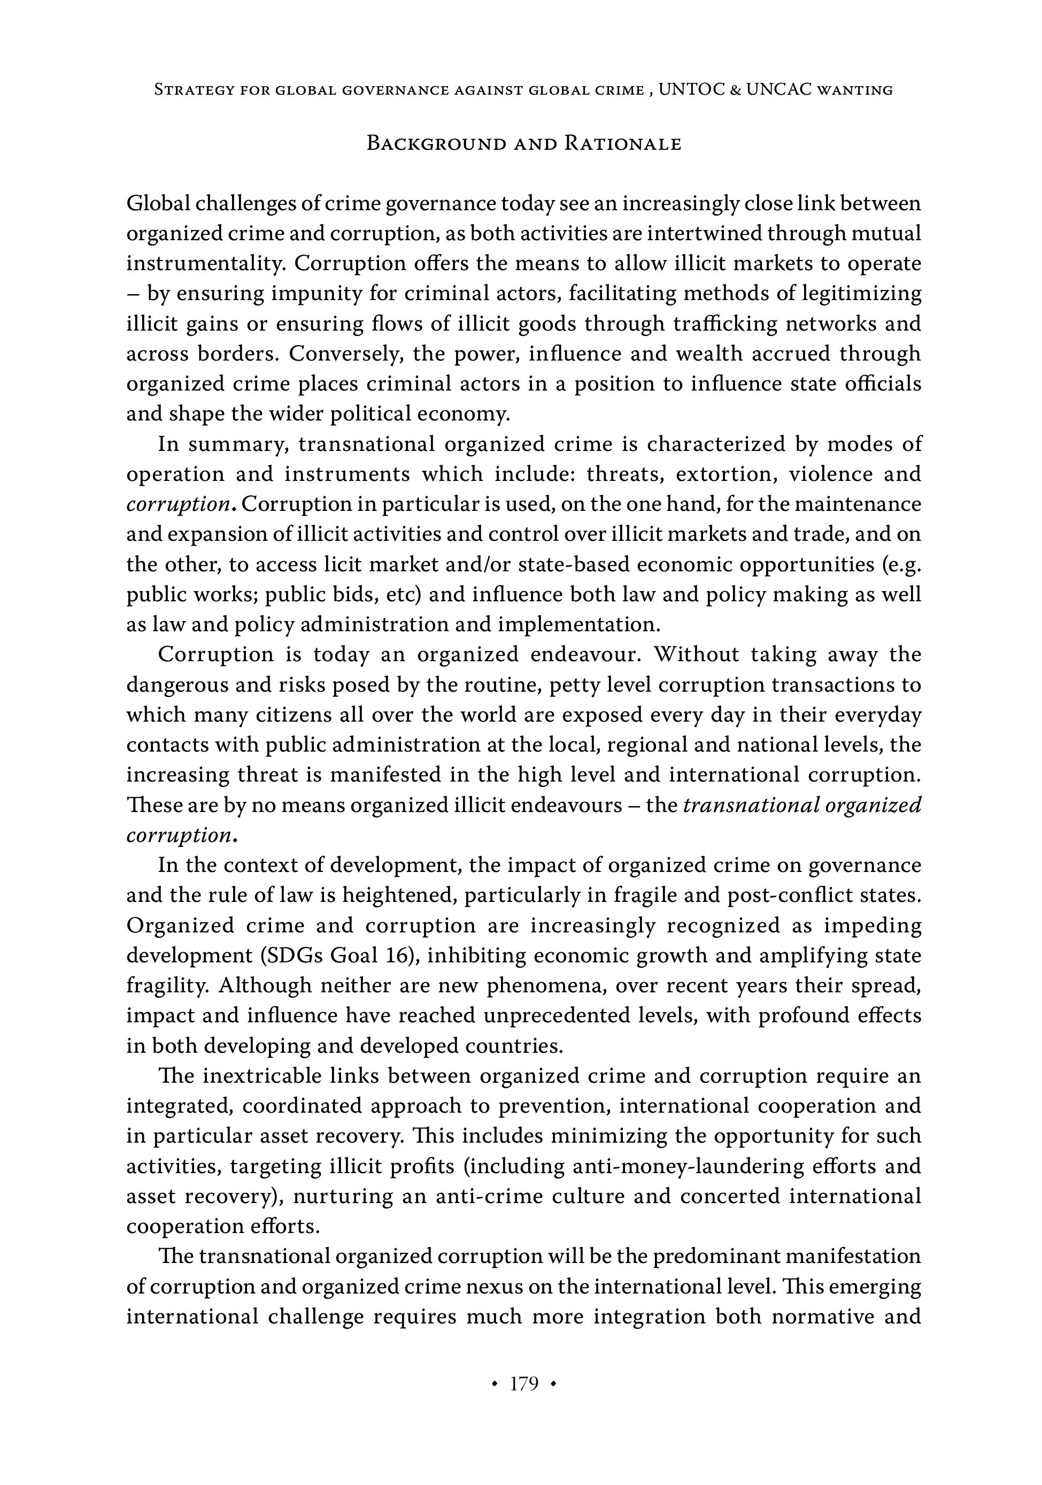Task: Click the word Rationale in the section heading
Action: (x=622, y=143)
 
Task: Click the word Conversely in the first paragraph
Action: (x=346, y=354)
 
